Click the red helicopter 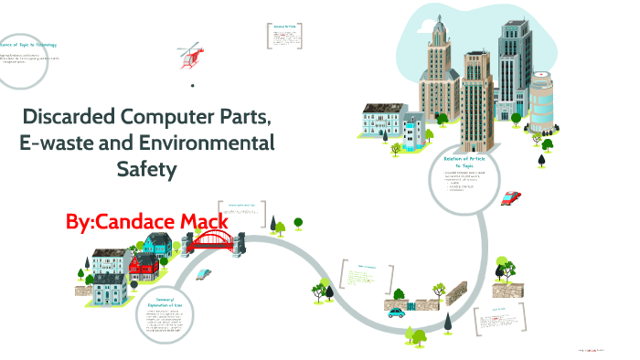[191, 55]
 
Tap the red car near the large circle [513, 196]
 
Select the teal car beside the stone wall [395, 312]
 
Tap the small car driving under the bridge [202, 273]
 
